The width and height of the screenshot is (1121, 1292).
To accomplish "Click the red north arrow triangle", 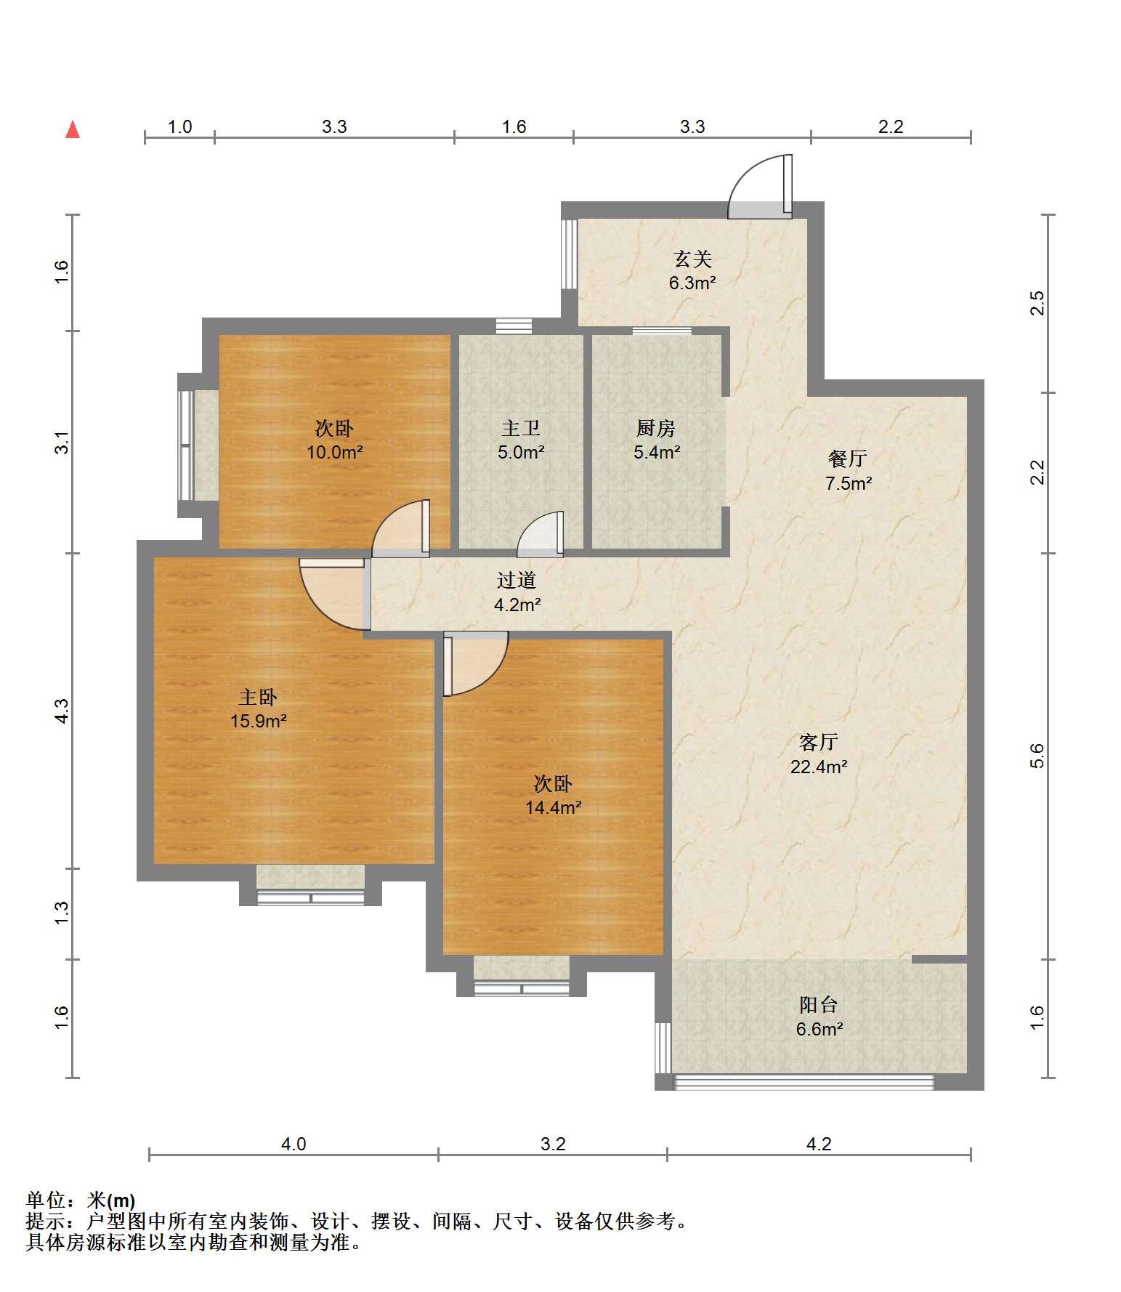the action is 73,129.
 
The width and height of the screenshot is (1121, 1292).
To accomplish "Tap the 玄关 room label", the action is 692,259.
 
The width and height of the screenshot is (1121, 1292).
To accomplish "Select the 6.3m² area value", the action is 692,283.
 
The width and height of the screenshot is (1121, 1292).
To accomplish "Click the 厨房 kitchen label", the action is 656,428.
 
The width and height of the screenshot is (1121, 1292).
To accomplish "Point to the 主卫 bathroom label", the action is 521,428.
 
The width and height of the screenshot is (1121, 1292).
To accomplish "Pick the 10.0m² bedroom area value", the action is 334,452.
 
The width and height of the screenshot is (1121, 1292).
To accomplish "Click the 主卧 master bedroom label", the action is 258,698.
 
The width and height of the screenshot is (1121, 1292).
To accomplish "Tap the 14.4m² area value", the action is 553,807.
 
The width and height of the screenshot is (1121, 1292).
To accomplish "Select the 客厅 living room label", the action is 819,742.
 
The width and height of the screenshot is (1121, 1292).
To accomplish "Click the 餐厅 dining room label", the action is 848,459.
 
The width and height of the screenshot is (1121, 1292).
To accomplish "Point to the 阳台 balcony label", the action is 819,1005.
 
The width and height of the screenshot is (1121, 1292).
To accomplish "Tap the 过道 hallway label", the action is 517,580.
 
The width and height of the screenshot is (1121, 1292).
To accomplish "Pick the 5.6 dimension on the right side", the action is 1037,756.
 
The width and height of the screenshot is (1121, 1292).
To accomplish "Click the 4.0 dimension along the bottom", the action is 294,1144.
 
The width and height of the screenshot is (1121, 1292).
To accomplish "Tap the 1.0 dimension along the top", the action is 179,126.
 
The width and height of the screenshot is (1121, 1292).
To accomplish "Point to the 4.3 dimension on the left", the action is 62,710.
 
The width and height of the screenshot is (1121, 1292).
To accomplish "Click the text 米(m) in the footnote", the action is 111,1200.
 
